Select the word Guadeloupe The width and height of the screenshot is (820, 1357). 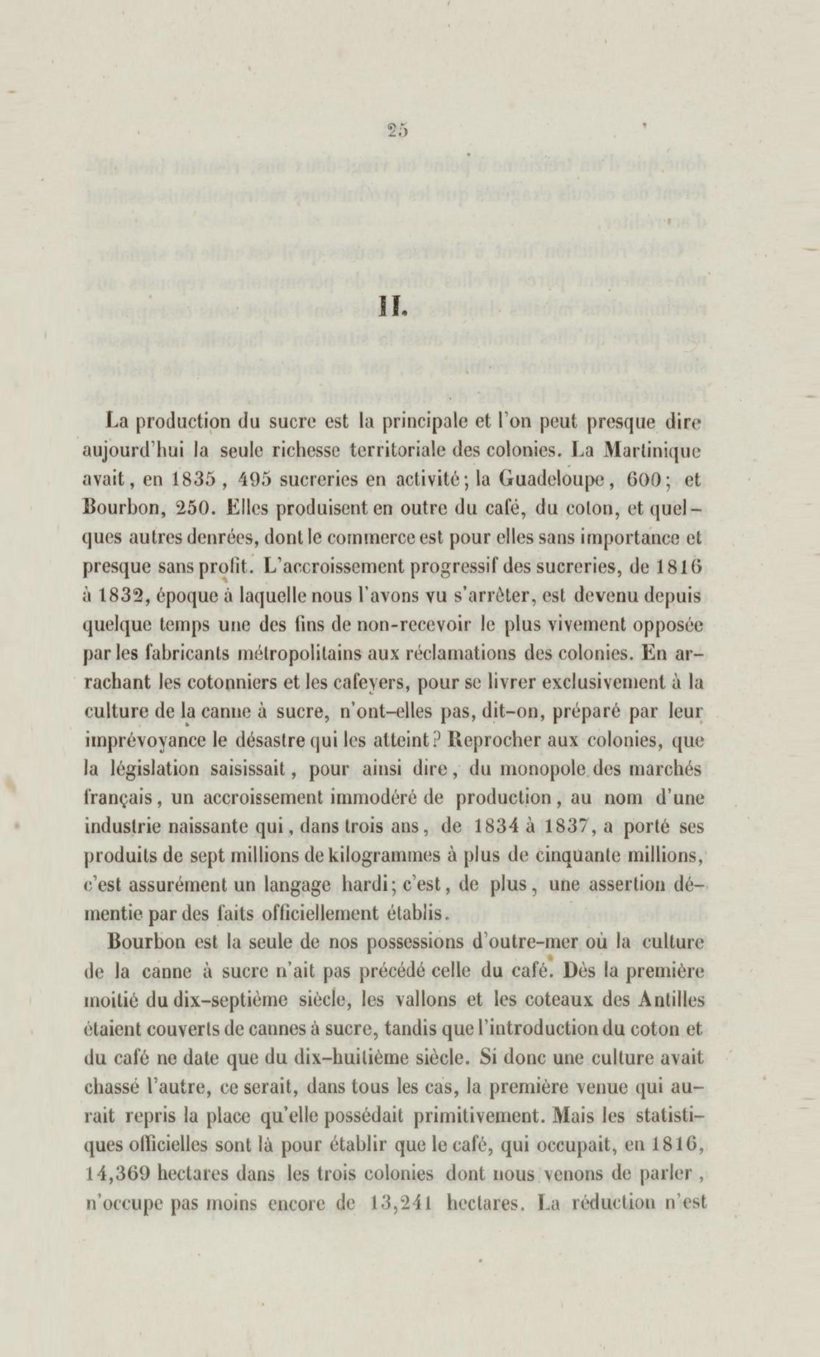557,479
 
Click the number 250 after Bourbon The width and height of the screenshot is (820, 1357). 193,508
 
